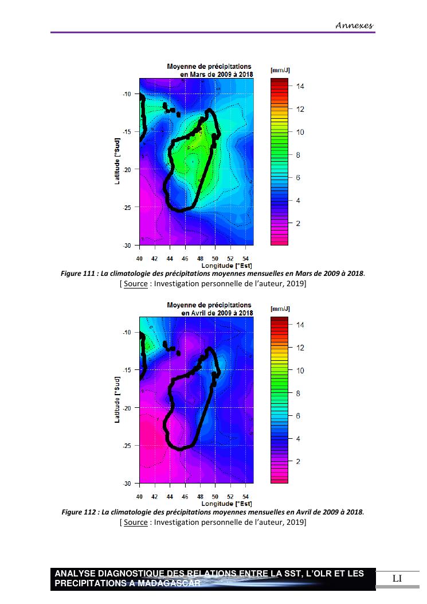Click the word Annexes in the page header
(x=354, y=25)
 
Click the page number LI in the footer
(x=397, y=578)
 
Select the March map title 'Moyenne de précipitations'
(x=209, y=67)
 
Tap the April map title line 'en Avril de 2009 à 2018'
(x=217, y=313)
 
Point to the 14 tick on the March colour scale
(x=300, y=86)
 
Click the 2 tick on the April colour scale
(x=297, y=461)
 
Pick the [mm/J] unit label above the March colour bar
(x=280, y=70)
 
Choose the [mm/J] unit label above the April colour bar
(x=280, y=309)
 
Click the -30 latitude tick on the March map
(x=127, y=245)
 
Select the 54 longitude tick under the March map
(x=245, y=258)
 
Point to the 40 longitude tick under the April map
(x=140, y=497)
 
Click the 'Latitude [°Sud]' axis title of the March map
(x=117, y=161)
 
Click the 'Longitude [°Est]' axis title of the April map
(x=226, y=504)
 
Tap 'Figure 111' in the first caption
(x=77, y=274)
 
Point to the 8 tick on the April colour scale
(x=297, y=393)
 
